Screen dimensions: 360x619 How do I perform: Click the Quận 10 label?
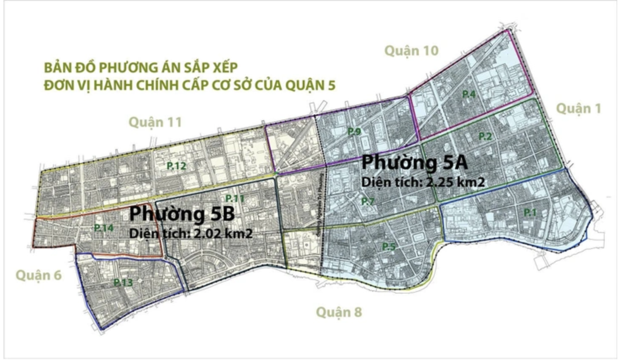click(411, 51)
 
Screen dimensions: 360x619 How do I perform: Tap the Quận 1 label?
click(578, 109)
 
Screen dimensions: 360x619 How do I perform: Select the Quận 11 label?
click(155, 122)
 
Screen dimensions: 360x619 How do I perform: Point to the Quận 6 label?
click(39, 275)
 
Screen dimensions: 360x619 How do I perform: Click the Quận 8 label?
click(339, 312)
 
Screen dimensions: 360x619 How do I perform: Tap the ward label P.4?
click(469, 94)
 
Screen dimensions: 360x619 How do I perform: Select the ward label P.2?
click(485, 136)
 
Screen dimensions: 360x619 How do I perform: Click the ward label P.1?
click(530, 212)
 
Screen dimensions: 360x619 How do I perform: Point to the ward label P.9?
click(354, 132)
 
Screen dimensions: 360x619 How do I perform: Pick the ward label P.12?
click(176, 166)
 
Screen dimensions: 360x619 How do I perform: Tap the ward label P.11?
click(235, 198)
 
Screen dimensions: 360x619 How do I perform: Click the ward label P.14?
click(103, 228)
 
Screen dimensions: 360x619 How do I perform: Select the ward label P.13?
click(123, 282)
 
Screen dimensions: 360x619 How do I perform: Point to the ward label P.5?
click(389, 246)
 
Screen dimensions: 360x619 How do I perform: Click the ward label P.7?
click(368, 201)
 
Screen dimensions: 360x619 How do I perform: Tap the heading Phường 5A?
click(414, 162)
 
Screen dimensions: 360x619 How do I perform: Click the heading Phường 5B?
click(182, 213)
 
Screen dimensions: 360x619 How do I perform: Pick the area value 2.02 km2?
click(222, 233)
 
